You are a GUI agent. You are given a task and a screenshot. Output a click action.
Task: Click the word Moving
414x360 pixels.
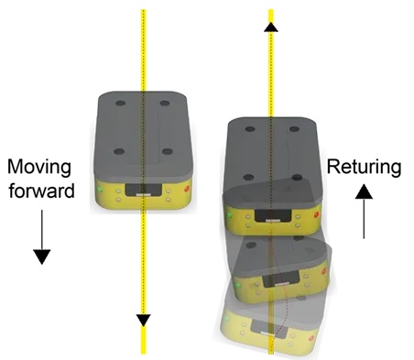point(39,168)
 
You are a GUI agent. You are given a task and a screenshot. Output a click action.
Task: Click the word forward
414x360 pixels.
point(41,191)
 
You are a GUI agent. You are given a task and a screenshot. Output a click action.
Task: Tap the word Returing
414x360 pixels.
point(364,168)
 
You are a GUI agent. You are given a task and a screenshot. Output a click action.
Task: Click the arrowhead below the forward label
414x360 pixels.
point(42,256)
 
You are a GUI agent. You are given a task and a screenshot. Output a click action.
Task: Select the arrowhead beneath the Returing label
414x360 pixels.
point(364,191)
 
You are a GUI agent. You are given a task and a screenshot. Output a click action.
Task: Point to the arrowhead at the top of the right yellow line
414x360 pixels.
point(271,27)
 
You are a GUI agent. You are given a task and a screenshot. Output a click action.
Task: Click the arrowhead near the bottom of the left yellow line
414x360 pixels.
point(143,320)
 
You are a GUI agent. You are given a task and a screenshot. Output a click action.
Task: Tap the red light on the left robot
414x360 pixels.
point(187,189)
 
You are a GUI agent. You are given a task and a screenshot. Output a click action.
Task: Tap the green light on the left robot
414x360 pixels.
point(99,189)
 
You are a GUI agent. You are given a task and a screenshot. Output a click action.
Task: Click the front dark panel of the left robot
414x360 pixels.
point(143,190)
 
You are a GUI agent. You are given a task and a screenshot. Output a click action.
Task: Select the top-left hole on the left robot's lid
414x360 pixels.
point(120,104)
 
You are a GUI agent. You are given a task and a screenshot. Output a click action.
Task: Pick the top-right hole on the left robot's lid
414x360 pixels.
point(165,104)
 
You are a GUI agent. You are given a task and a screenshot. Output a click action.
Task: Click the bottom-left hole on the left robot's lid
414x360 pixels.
point(119,151)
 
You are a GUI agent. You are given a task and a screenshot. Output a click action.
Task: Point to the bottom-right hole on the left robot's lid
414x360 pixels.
point(168,151)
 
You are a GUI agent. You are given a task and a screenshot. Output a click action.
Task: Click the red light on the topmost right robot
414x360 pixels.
point(316,215)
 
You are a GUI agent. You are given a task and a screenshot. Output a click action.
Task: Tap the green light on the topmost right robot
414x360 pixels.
point(229,215)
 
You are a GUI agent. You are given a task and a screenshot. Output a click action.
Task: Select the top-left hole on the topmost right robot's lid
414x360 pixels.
point(250,129)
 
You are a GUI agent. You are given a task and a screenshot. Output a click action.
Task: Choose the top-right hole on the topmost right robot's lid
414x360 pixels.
point(294,129)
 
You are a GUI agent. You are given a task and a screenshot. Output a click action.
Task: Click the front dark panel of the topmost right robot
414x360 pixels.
point(273,215)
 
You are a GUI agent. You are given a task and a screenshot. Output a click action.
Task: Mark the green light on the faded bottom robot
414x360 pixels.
point(227,318)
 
